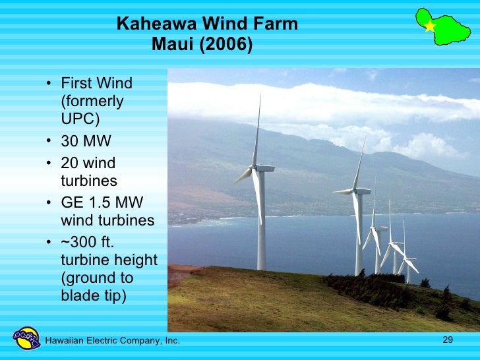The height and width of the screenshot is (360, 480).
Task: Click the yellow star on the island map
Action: (x=430, y=26)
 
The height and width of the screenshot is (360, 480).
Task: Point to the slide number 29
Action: (x=448, y=340)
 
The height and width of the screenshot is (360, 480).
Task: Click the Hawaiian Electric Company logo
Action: (x=27, y=338)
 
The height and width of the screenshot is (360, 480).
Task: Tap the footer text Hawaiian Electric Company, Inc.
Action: (x=112, y=340)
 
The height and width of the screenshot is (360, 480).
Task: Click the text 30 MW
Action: (x=86, y=142)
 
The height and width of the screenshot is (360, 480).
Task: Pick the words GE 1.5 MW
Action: (x=102, y=202)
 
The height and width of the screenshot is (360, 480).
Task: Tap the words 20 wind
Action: (x=88, y=163)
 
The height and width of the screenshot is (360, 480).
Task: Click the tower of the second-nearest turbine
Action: (x=359, y=237)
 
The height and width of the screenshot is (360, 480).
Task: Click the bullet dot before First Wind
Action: (x=50, y=84)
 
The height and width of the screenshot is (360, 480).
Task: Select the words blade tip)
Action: (x=92, y=296)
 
